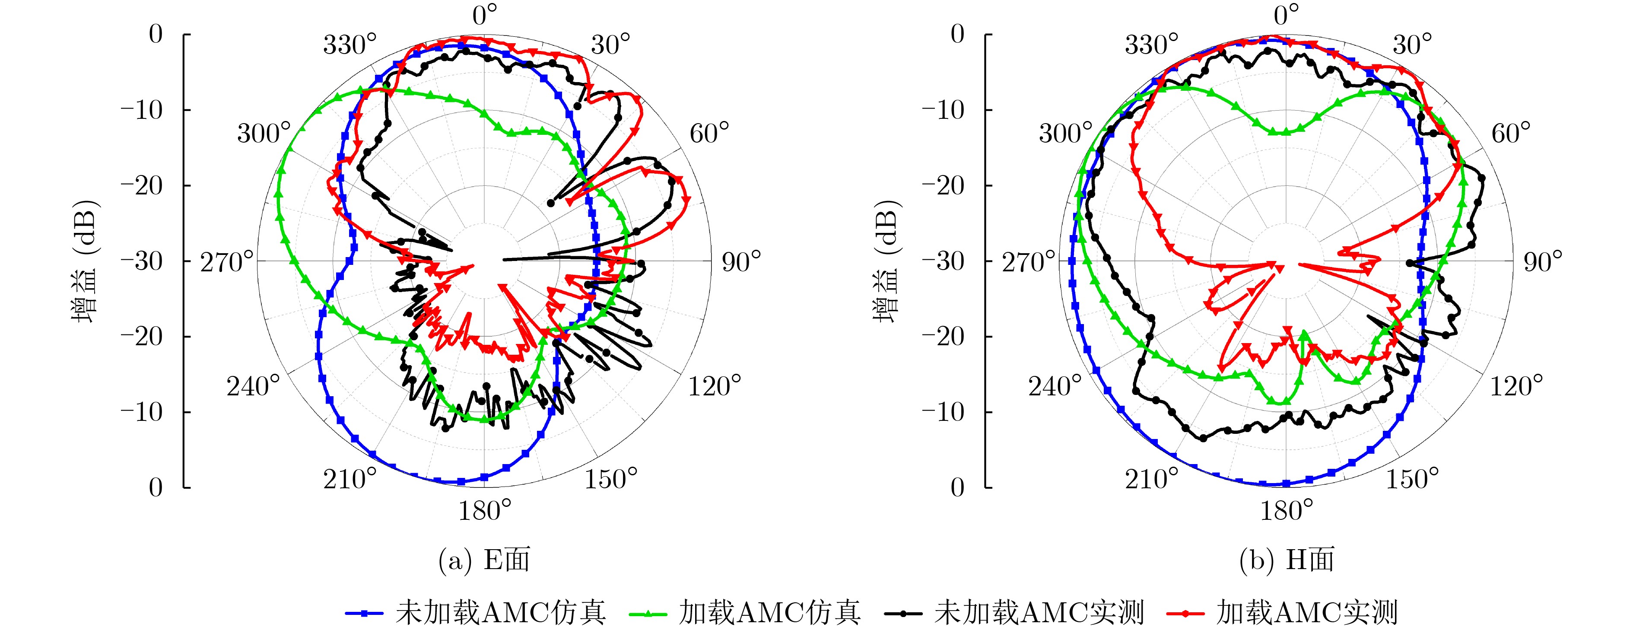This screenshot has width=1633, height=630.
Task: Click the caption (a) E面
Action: (484, 560)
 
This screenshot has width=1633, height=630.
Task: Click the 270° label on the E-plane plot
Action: (226, 261)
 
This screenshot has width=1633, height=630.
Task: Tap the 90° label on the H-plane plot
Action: (1542, 261)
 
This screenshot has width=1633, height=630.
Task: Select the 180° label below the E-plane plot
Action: (484, 509)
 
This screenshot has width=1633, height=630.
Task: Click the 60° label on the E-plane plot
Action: (709, 133)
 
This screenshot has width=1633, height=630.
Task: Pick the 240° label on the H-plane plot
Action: (1054, 385)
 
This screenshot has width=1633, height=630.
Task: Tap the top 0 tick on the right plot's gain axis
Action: (957, 34)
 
